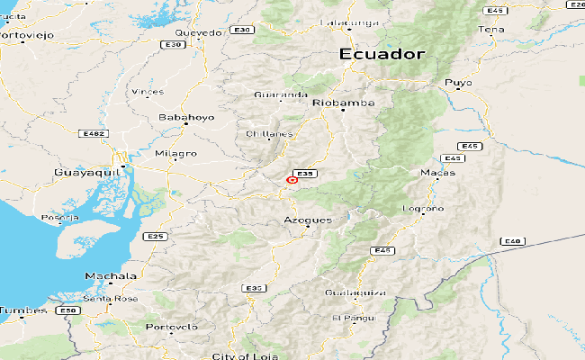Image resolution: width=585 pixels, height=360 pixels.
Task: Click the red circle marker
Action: (x=292, y=180)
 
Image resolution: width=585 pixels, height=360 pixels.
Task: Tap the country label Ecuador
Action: (x=382, y=54)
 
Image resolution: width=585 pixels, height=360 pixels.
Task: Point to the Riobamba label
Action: (x=337, y=103)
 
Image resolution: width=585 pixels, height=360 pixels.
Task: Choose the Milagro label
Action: (x=175, y=154)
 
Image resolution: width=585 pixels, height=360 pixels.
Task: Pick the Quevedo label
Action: (x=198, y=32)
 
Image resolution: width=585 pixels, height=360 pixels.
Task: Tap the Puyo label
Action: (x=458, y=83)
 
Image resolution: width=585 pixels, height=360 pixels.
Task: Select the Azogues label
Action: (x=308, y=220)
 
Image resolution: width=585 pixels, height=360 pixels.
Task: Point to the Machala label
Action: (x=111, y=275)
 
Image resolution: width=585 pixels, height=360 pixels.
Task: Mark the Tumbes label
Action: (x=22, y=310)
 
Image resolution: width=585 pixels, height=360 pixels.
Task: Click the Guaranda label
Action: (x=282, y=94)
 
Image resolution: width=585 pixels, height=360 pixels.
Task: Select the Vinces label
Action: (x=147, y=92)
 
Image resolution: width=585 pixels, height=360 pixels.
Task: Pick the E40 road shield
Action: (x=512, y=240)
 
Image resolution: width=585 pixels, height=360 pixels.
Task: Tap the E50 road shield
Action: (x=65, y=310)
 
